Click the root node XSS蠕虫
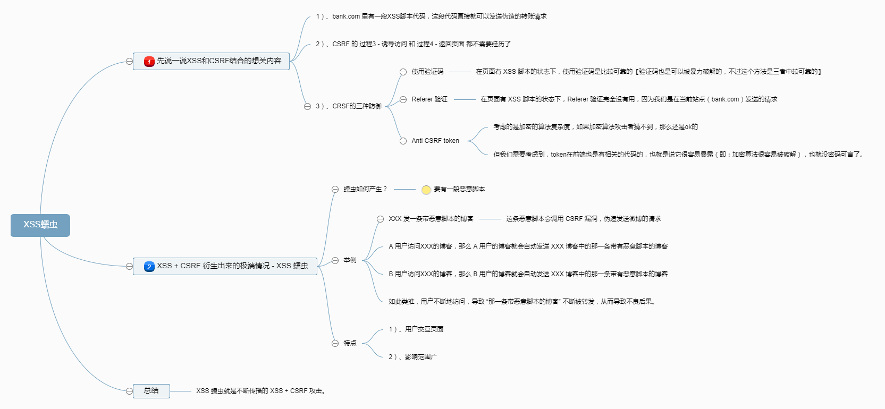(40, 225)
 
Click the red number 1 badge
(149, 62)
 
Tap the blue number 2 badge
(149, 267)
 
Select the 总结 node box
(151, 391)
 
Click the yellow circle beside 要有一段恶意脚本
(426, 190)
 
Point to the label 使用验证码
(427, 72)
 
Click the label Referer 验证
(429, 99)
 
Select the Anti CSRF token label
(435, 141)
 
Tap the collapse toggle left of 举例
(335, 260)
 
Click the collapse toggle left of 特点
(335, 343)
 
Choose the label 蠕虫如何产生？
(365, 189)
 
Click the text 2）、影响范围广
(413, 357)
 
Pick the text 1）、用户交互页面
(416, 329)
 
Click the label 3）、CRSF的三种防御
(349, 106)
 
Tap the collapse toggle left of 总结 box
(129, 391)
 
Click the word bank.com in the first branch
(346, 16)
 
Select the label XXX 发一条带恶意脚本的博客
(431, 219)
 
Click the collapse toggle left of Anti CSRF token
(403, 141)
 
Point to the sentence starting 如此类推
(521, 302)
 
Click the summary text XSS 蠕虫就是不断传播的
(260, 391)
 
